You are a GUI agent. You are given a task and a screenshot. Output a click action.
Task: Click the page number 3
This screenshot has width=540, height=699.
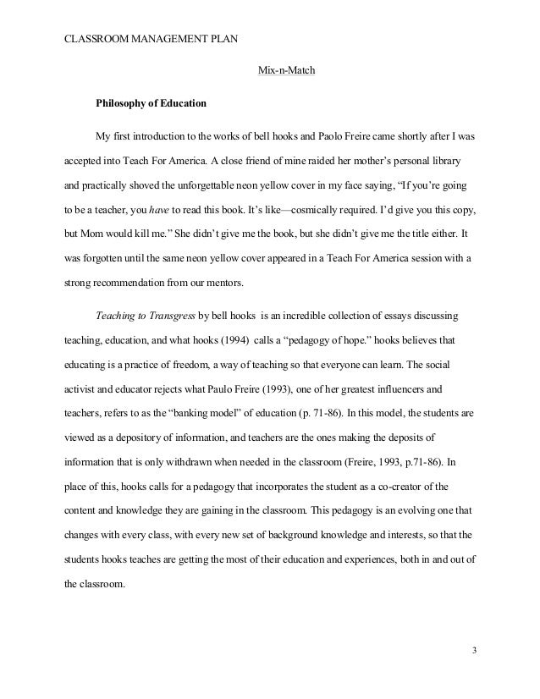[474, 650]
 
